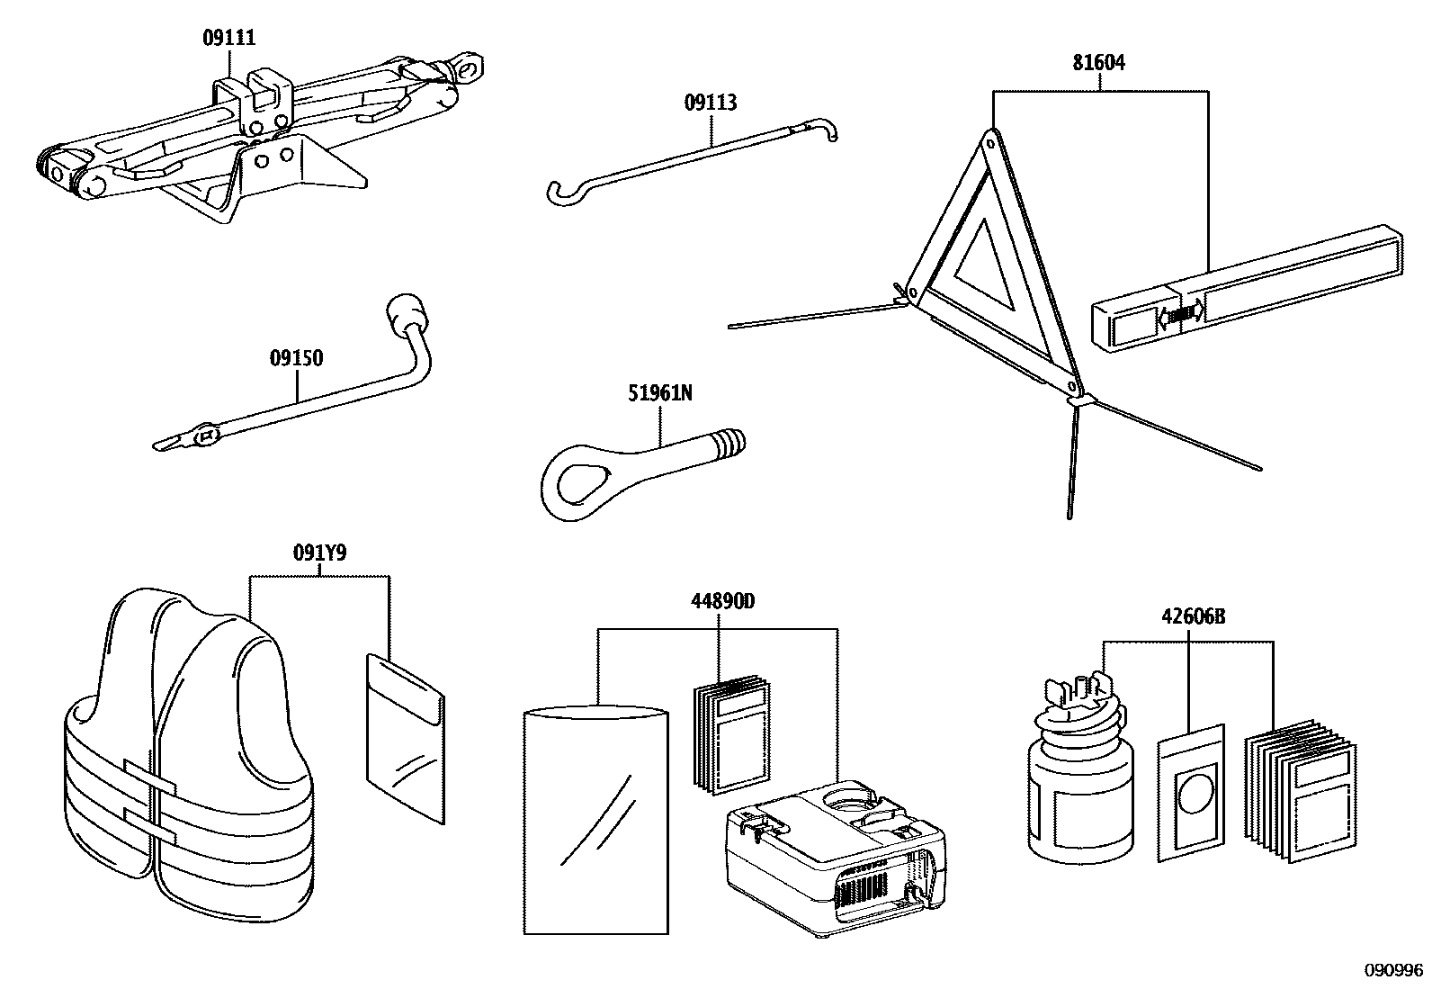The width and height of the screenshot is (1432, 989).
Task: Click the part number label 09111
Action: [228, 38]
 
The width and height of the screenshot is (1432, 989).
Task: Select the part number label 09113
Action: [711, 103]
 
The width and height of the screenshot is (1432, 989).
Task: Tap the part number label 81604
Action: [1098, 63]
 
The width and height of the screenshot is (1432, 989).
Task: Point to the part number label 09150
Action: [296, 358]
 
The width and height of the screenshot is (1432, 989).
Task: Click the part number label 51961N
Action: [660, 393]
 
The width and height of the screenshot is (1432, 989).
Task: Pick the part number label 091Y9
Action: [319, 553]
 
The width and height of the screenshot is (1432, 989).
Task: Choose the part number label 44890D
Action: [721, 601]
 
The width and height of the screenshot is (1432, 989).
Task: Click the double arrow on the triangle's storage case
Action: [1181, 313]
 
